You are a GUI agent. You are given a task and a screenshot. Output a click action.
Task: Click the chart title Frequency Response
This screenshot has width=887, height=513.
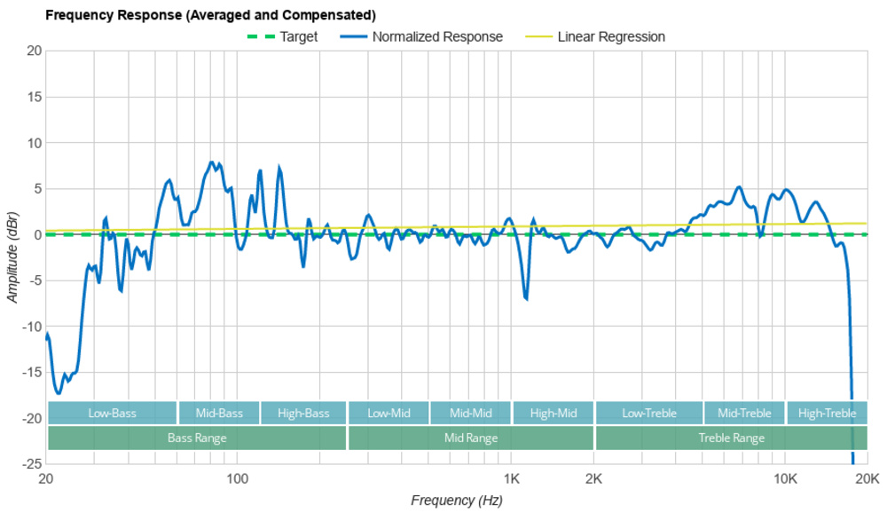click(x=209, y=15)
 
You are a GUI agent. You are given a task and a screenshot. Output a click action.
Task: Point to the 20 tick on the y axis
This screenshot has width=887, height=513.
click(x=35, y=51)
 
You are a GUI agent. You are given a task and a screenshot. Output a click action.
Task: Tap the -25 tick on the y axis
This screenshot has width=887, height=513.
click(x=32, y=463)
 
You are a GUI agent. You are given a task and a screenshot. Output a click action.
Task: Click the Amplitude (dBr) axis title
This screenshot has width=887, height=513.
click(x=12, y=257)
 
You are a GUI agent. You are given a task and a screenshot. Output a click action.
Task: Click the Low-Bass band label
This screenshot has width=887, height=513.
click(x=112, y=414)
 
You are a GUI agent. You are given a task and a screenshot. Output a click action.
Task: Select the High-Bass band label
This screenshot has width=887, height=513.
click(x=303, y=414)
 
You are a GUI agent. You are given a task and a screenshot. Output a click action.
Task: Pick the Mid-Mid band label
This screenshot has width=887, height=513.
click(x=471, y=414)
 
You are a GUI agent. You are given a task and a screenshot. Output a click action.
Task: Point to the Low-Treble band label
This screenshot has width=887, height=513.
click(x=649, y=414)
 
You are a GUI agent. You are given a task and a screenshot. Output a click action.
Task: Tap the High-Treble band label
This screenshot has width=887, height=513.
click(x=827, y=414)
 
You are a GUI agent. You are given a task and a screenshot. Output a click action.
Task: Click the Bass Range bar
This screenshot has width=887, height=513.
click(x=197, y=438)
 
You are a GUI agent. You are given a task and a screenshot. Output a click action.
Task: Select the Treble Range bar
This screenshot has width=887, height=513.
click(x=731, y=438)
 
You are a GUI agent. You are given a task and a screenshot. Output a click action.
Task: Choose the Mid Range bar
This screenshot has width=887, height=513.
click(x=471, y=438)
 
